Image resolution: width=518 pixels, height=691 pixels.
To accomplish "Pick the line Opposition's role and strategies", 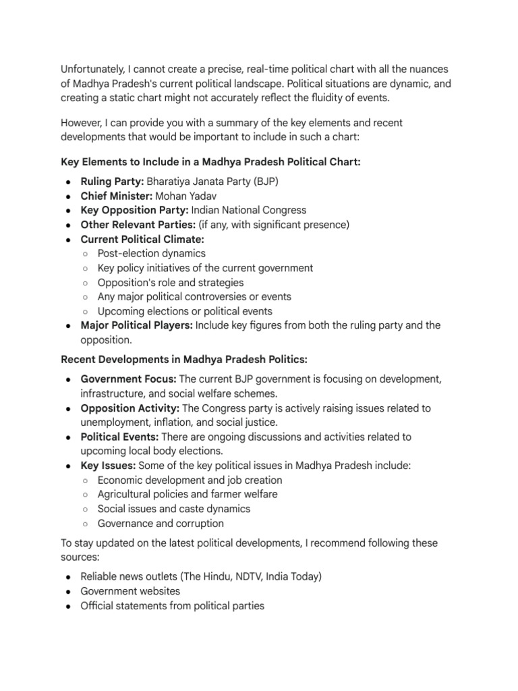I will point(171,283).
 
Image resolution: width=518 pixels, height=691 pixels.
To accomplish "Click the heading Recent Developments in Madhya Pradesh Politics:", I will point(184,359).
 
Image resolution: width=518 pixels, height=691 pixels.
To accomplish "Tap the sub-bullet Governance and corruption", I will point(161,523).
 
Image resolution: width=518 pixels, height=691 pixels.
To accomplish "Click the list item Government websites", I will point(130,591).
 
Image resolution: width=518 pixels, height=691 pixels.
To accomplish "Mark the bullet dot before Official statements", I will point(70,606).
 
